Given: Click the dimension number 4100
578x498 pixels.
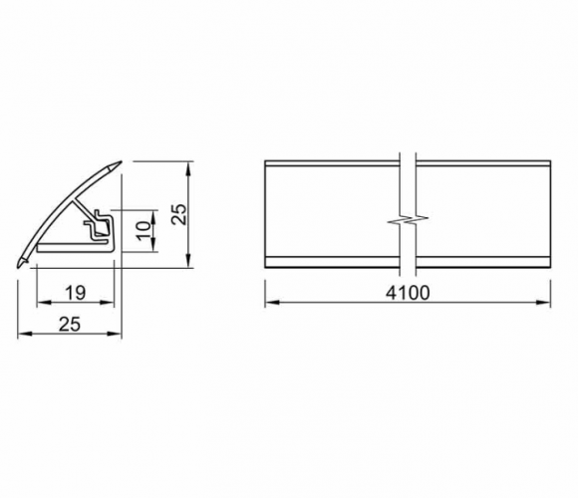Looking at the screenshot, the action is click(x=408, y=293).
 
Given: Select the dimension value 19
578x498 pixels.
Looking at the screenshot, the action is click(x=75, y=293).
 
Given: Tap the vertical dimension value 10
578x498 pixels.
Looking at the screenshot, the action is click(x=144, y=231).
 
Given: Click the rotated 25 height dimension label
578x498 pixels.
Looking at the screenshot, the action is click(x=180, y=214).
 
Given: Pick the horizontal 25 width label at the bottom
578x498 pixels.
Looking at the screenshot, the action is click(x=70, y=325).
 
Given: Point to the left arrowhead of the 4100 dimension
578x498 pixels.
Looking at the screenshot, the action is click(x=272, y=303).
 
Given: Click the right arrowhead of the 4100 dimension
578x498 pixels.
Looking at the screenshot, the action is click(x=544, y=303).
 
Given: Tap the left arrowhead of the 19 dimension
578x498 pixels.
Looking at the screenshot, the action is click(x=44, y=303).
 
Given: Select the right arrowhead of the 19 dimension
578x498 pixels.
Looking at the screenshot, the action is click(x=108, y=303).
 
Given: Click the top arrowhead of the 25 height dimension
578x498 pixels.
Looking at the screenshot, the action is click(x=188, y=167).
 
